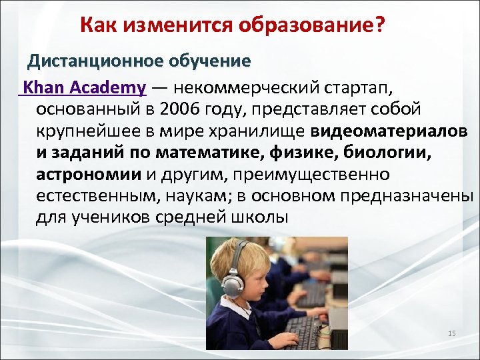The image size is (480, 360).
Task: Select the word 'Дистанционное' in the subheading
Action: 93,61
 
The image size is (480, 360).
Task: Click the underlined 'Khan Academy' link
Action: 84,88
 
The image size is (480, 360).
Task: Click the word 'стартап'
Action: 370,88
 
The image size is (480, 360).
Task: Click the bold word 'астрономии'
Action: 88,174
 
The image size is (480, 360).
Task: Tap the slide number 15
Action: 451,333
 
